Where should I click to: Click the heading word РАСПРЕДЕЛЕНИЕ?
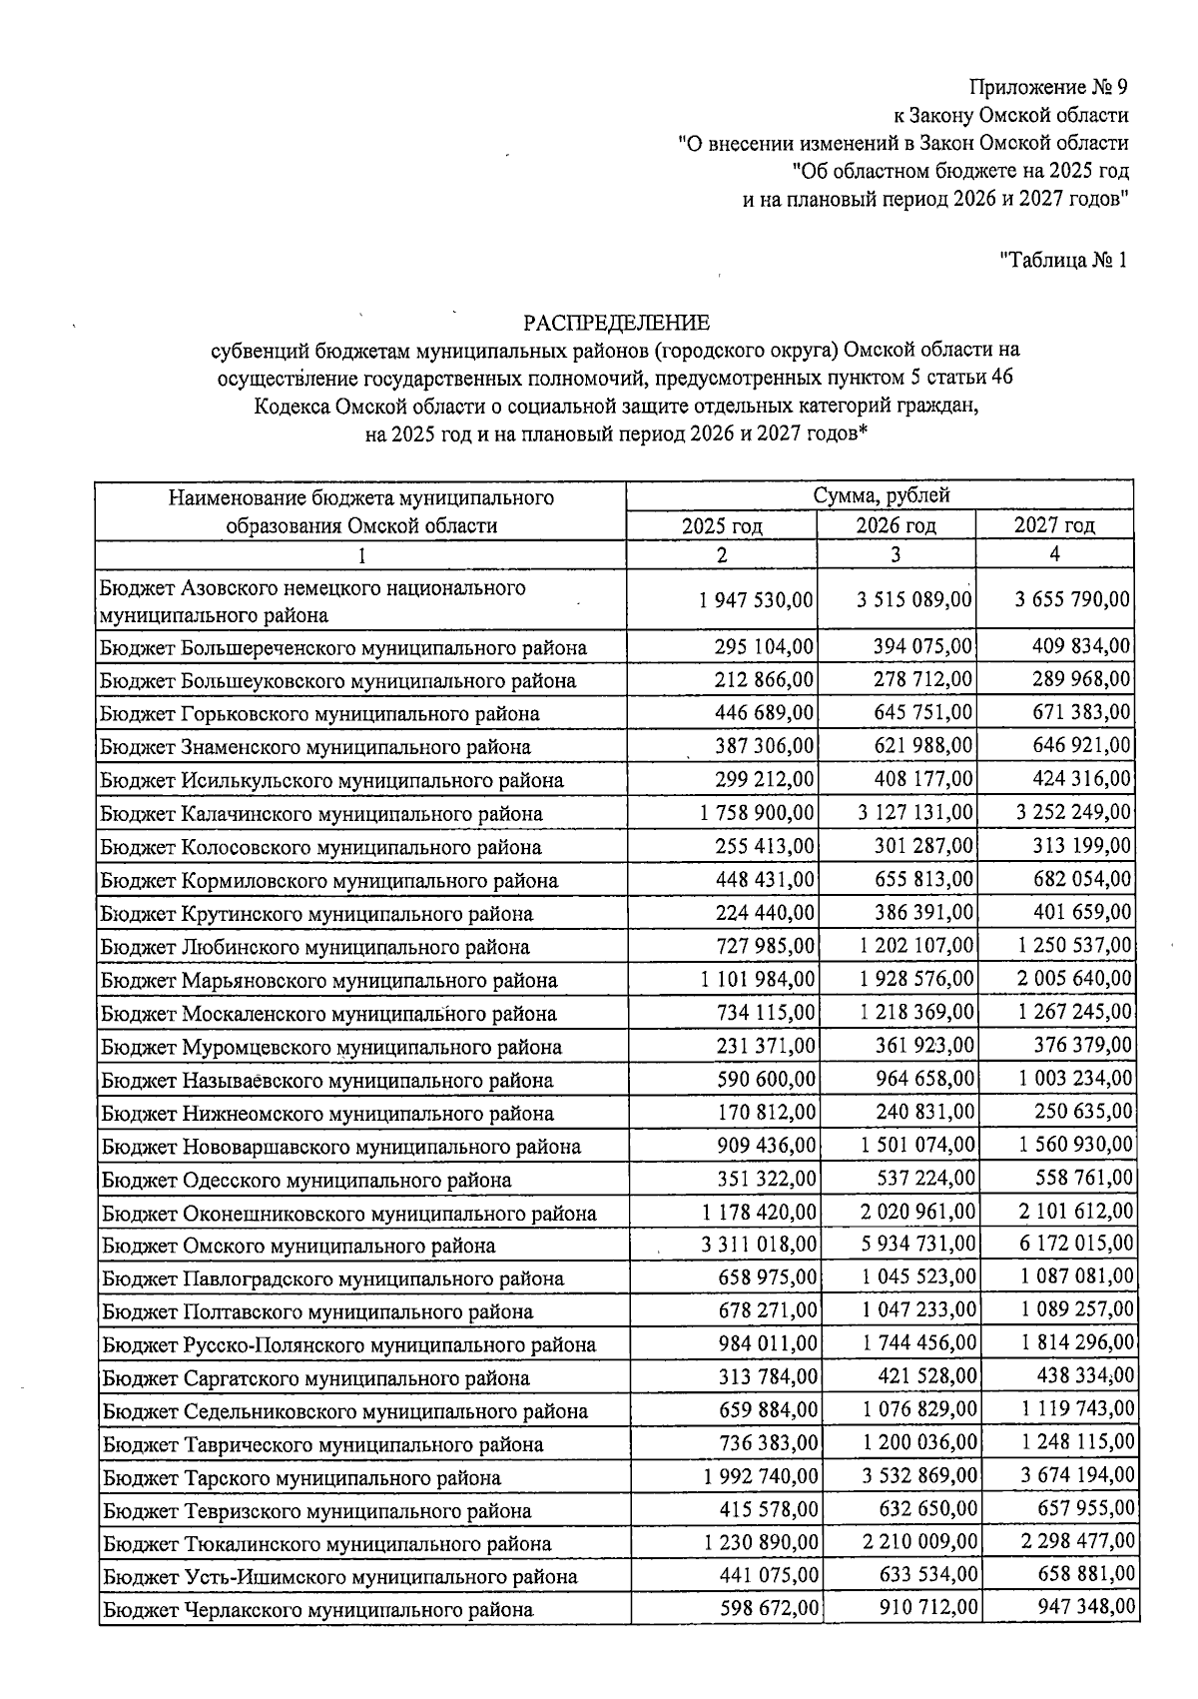point(616,323)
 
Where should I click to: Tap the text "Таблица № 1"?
point(1064,261)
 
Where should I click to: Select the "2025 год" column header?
point(722,526)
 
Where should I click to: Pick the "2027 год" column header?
point(1054,525)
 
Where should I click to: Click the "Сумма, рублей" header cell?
point(881,495)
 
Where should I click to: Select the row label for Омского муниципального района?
point(299,1246)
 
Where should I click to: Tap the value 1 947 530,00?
point(757,600)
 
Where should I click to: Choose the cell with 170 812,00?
point(766,1112)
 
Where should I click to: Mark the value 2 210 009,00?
point(918,1542)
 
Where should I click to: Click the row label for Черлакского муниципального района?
point(317,1610)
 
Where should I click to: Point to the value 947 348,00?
point(1085,1608)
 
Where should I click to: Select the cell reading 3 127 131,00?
point(914,812)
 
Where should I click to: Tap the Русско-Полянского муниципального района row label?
point(348,1344)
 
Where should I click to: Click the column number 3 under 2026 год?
point(896,554)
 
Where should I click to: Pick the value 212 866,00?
point(765,679)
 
